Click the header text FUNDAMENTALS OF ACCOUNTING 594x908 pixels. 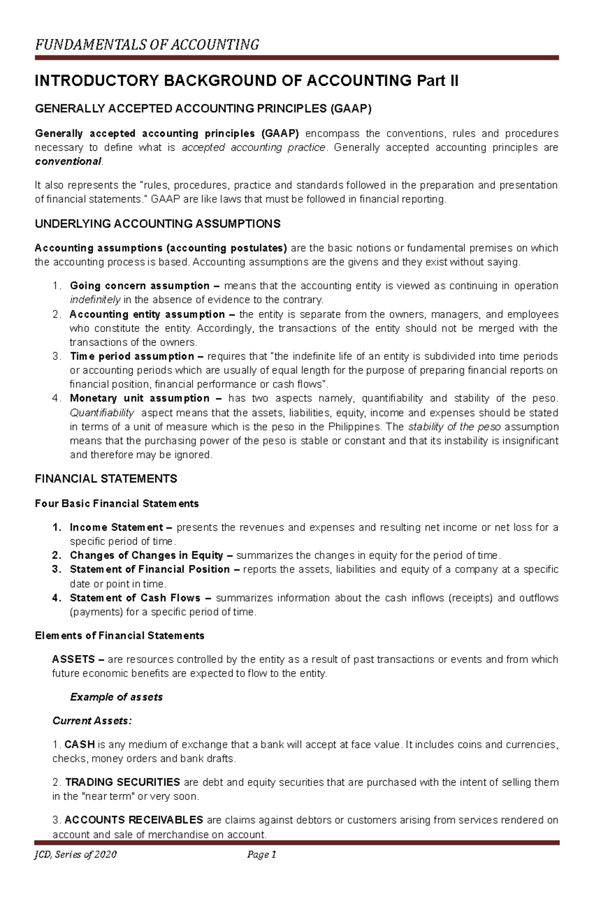pos(147,45)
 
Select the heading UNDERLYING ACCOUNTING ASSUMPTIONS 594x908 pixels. pos(157,224)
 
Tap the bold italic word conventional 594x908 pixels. pos(68,161)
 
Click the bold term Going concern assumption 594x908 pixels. pos(140,286)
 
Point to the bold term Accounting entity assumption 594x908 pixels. pos(147,314)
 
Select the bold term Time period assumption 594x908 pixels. pos(132,356)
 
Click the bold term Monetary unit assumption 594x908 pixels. pos(140,398)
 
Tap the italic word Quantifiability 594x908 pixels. pos(102,413)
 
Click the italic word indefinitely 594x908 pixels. pos(95,300)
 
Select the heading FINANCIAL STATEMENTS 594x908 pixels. pos(106,478)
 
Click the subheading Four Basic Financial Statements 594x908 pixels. pos(117,503)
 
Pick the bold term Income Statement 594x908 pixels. pos(116,527)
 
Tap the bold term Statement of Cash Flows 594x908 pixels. pos(135,598)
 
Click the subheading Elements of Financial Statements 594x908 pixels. pos(119,635)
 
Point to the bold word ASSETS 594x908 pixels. pos(73,659)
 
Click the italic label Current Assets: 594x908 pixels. pos(92,720)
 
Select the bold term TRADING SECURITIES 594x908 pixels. pos(122,782)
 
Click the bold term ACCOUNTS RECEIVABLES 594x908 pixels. pos(134,820)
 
